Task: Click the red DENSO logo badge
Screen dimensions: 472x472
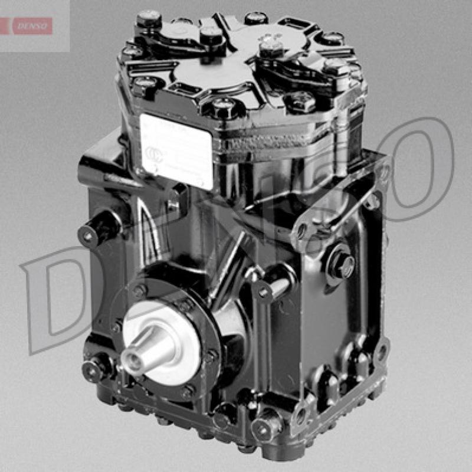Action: tap(32, 25)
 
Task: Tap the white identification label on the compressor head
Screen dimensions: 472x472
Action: tap(176, 150)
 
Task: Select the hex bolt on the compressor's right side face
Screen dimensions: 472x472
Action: tap(342, 264)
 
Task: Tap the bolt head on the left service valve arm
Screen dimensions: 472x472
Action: tap(211, 35)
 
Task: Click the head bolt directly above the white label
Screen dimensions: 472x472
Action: tap(224, 107)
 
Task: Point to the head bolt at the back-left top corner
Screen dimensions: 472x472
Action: tap(148, 19)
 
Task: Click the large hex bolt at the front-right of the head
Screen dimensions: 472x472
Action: tap(302, 101)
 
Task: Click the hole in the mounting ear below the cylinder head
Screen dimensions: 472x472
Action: tap(301, 231)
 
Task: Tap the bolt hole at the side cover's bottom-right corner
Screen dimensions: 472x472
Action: tap(381, 352)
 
